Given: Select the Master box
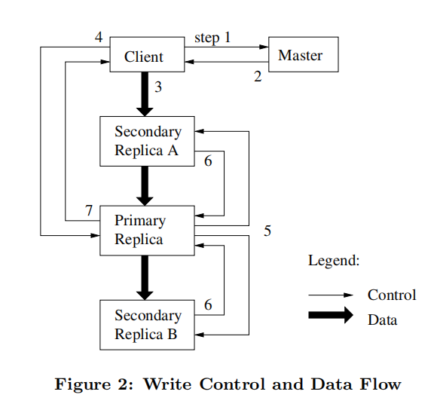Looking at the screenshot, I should pos(300,55).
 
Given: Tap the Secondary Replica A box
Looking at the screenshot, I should pos(147,141).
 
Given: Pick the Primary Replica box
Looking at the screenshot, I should pos(147,230).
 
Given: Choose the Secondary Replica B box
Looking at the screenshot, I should pos(147,325).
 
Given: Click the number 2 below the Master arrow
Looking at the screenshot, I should pos(258,77).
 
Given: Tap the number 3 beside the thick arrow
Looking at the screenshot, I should pos(158,87).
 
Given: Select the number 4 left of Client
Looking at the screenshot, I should pos(99,37).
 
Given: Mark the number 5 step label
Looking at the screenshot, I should pos(267,231).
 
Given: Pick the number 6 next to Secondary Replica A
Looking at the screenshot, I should pos(208,161).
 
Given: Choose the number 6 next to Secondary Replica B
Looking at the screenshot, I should pos(208,305).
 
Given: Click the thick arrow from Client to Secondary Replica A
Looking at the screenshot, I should pos(146,93).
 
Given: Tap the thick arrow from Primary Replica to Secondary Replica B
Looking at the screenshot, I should pos(146,277).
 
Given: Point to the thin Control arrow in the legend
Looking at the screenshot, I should pos(331,295).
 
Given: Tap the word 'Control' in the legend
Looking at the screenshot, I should pos(391,295).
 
